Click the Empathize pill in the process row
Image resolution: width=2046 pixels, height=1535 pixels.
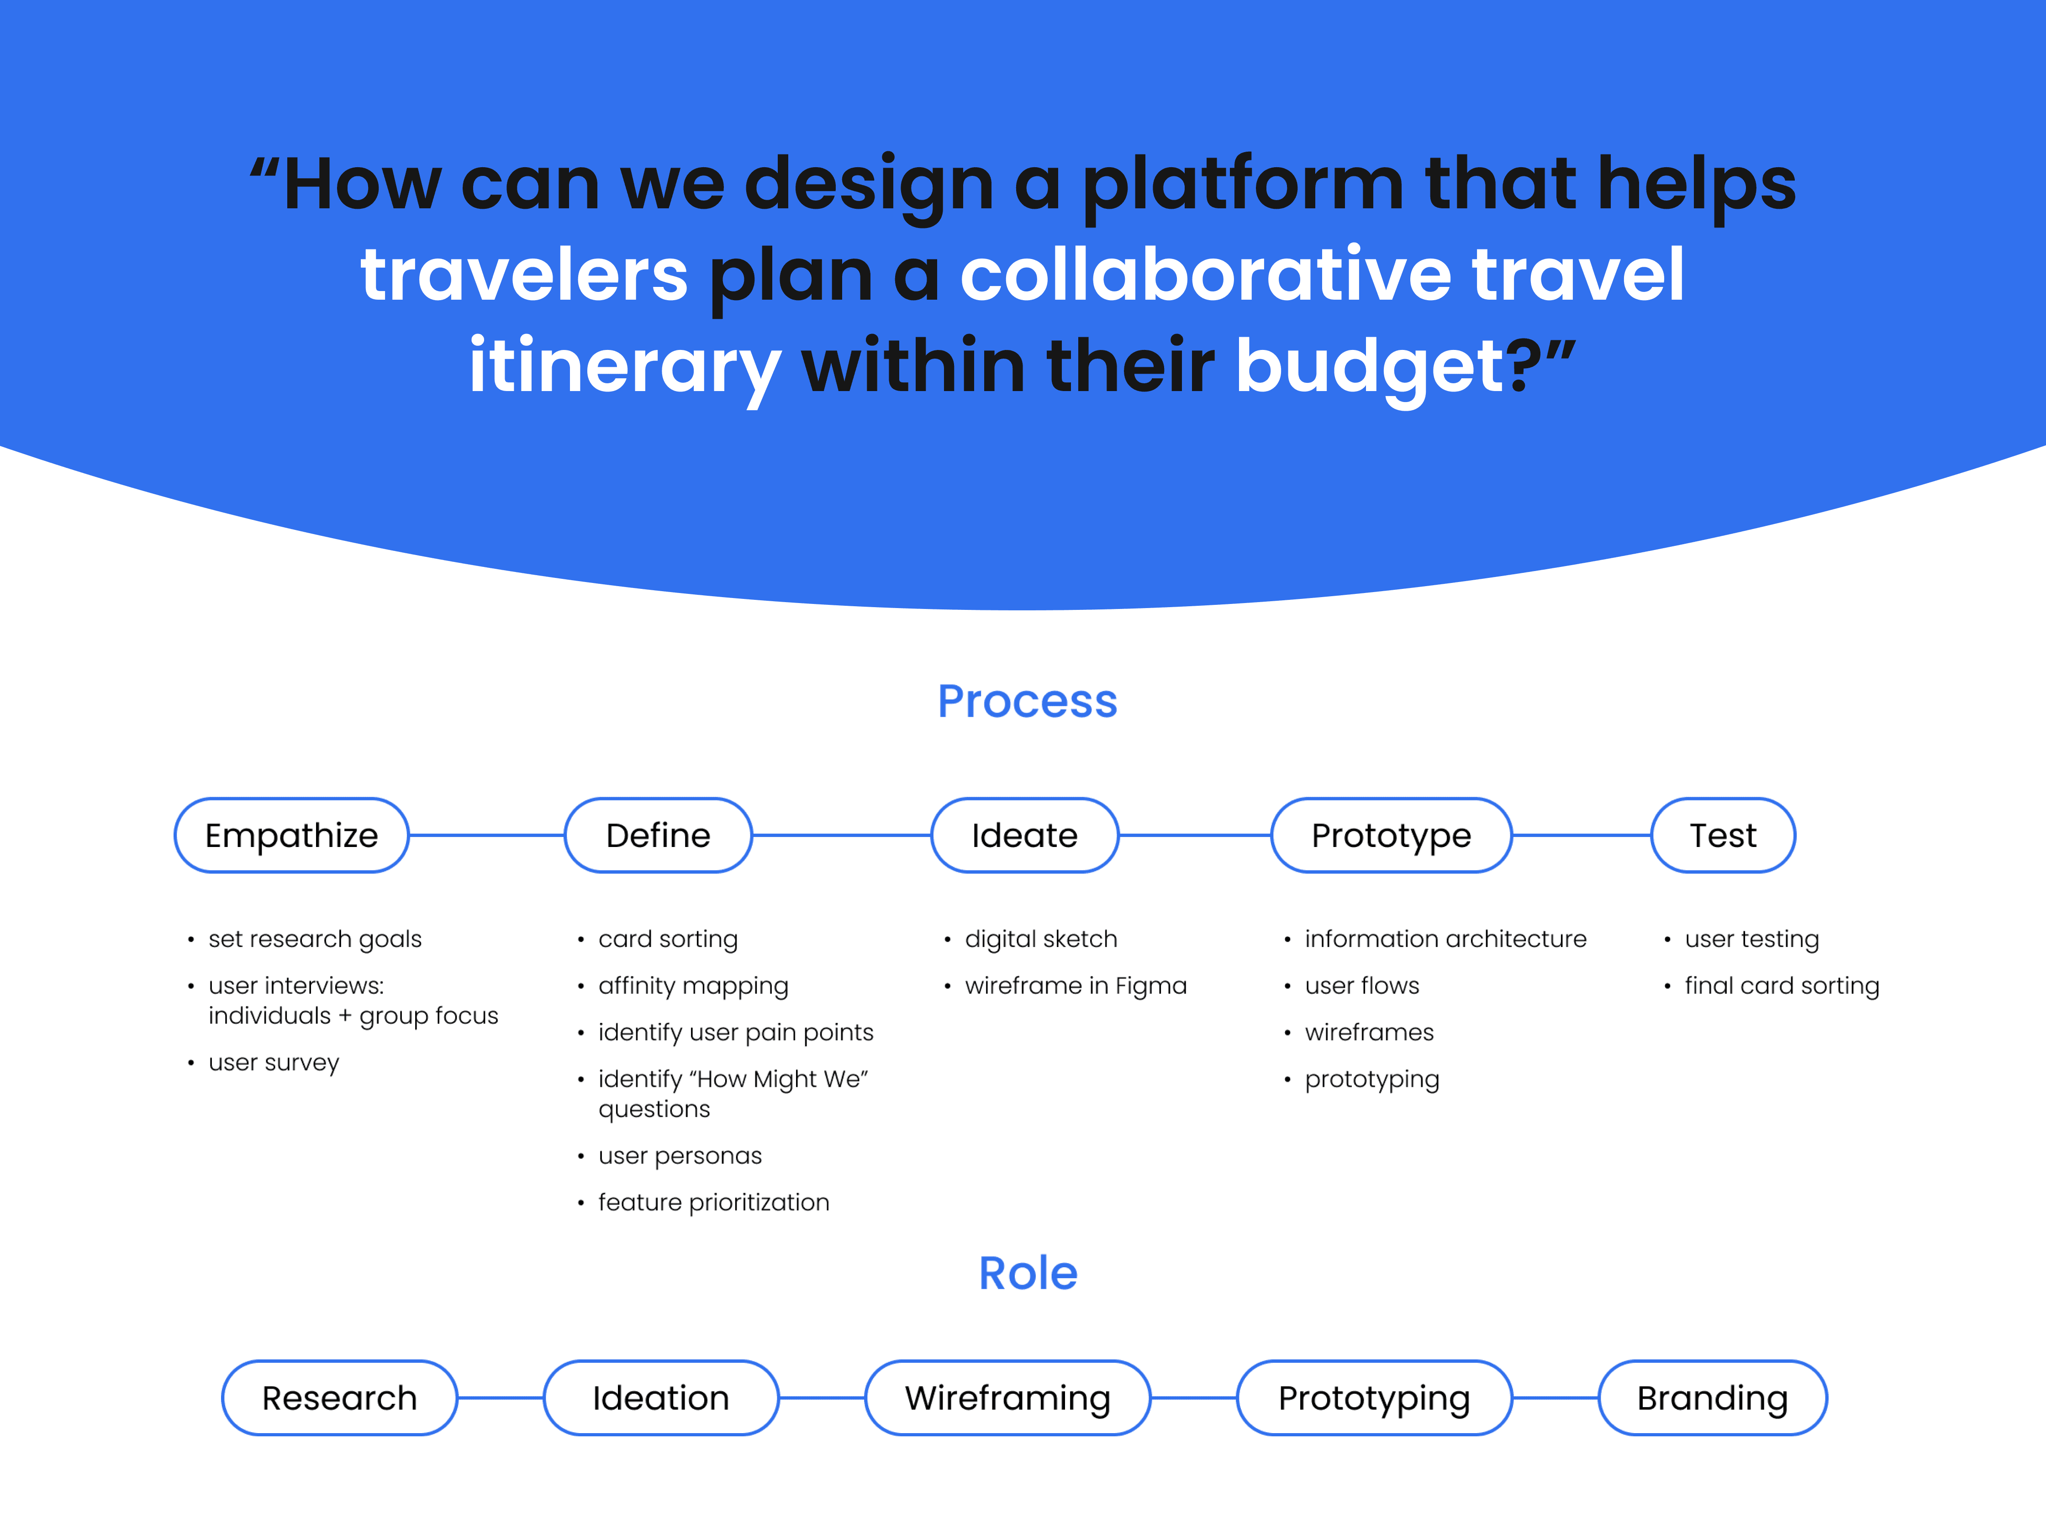tap(291, 836)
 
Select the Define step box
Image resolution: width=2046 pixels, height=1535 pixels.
tap(658, 836)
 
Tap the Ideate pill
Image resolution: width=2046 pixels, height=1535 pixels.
tap(1024, 836)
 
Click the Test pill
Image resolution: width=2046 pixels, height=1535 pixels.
tap(1722, 836)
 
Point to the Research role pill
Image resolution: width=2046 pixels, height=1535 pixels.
tap(339, 1398)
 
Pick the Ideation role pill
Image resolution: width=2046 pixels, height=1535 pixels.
tap(660, 1398)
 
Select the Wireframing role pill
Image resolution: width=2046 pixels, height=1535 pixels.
tap(1007, 1398)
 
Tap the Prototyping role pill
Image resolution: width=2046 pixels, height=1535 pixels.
tap(1374, 1398)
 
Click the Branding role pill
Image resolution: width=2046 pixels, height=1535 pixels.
tap(1712, 1398)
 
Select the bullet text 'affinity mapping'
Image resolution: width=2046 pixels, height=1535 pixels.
tap(693, 986)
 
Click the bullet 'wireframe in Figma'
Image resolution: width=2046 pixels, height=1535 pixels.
tap(1075, 986)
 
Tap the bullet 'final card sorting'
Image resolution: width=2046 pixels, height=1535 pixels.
tap(1782, 986)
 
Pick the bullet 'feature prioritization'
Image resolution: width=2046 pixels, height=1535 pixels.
tap(713, 1203)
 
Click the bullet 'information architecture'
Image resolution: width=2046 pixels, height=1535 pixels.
tap(1445, 939)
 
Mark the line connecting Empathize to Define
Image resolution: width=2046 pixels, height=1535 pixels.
tap(486, 836)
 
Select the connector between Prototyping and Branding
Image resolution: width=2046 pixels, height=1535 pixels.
tap(1555, 1398)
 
